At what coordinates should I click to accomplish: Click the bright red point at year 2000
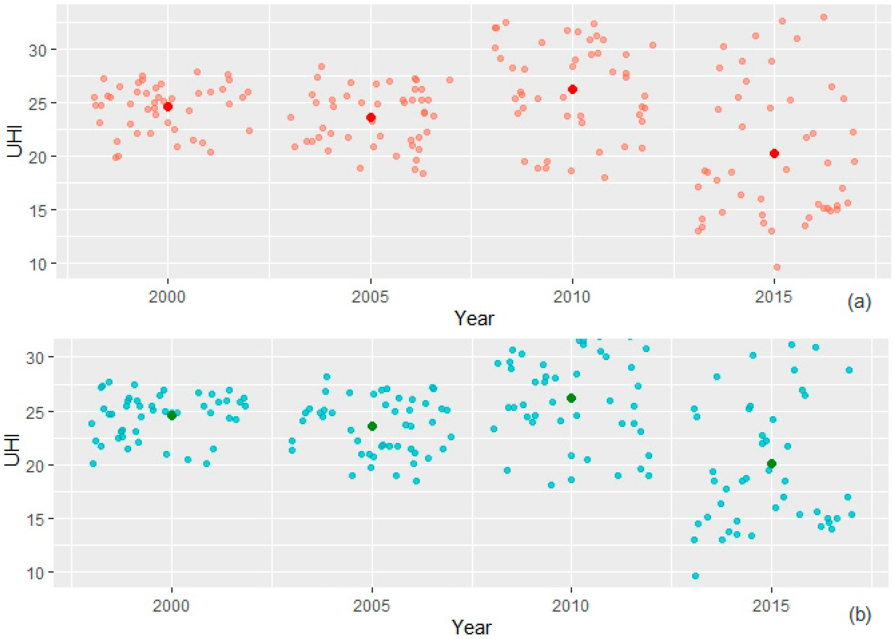click(x=168, y=107)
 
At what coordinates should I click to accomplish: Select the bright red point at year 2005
click(x=371, y=117)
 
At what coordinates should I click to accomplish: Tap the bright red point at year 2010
click(x=572, y=89)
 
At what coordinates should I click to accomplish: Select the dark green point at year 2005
click(x=372, y=426)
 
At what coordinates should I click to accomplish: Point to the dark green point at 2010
click(x=571, y=398)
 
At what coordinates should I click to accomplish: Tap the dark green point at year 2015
click(x=771, y=464)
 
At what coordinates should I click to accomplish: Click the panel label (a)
click(x=859, y=302)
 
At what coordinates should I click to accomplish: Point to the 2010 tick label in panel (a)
click(x=572, y=297)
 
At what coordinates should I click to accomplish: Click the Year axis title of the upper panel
click(x=474, y=318)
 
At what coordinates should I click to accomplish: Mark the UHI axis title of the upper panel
click(x=15, y=142)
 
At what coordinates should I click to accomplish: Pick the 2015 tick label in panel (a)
click(x=774, y=297)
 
